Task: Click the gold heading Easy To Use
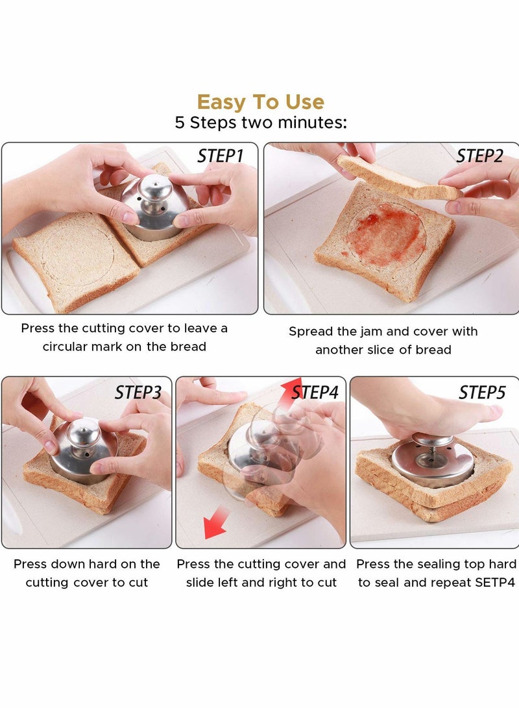click(260, 102)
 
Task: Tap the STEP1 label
click(221, 156)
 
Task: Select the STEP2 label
click(479, 156)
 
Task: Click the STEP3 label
click(138, 393)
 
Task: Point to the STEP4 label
click(315, 393)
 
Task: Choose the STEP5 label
click(482, 393)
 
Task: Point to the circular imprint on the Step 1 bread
click(78, 260)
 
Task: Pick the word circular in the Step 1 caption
click(68, 347)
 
